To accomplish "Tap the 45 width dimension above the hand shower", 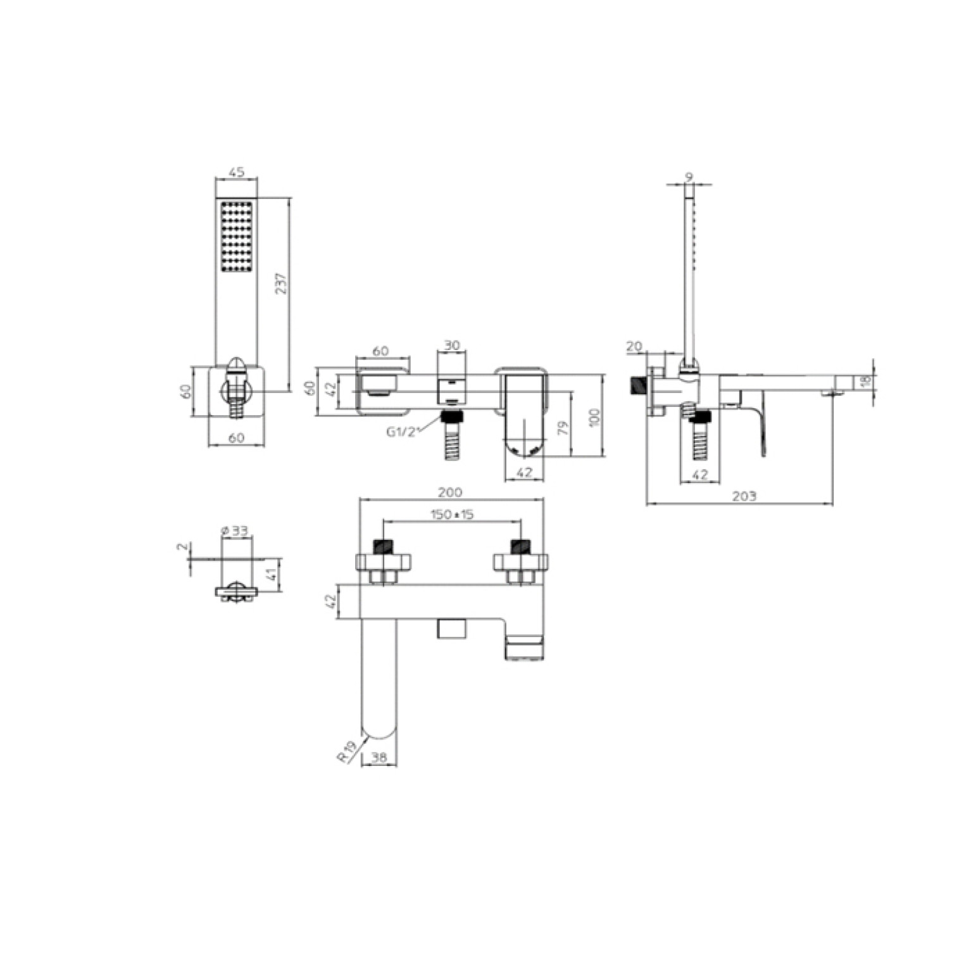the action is (236, 172).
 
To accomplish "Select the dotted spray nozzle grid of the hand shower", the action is (237, 237).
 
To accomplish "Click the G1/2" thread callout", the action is (403, 432).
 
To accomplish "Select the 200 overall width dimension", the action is (450, 492).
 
